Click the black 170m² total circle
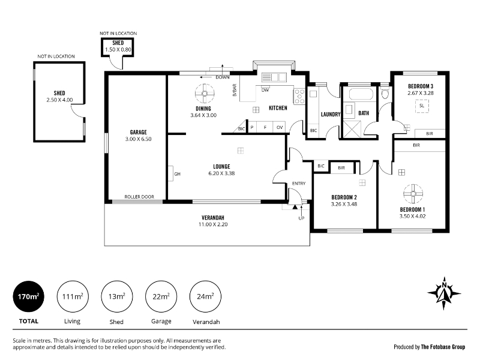28,296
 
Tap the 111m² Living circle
73,296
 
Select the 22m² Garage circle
161,296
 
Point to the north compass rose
444,293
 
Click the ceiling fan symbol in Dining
205,94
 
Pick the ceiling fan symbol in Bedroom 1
413,194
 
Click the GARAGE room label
139,132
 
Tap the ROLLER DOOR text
139,197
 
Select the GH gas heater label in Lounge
177,174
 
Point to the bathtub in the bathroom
361,94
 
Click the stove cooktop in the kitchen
299,97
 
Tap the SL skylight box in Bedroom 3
422,106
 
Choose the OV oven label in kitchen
280,127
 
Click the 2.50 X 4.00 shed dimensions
59,100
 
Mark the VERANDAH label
213,218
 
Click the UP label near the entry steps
301,218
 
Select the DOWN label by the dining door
223,77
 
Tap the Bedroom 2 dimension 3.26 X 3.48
344,204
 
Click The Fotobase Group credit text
443,347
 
